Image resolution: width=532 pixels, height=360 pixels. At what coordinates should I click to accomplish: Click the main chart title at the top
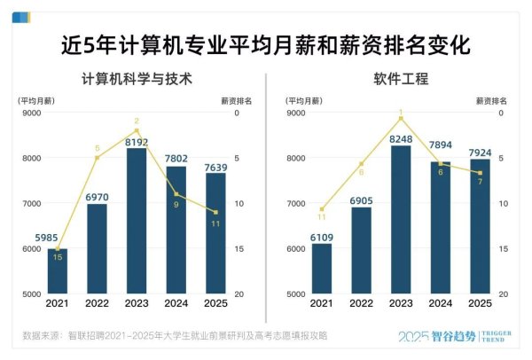265,44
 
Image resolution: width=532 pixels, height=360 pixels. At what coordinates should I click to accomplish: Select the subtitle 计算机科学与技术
137,78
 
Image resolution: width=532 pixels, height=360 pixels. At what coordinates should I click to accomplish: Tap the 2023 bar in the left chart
137,222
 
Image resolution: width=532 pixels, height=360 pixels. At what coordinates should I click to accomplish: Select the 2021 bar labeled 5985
57,270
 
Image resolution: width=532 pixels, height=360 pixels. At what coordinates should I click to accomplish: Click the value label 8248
401,138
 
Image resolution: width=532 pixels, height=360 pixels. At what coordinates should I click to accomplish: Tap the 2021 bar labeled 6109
322,268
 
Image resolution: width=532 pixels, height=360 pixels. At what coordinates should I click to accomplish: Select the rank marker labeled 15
58,257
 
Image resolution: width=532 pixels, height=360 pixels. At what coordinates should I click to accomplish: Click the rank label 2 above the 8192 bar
137,121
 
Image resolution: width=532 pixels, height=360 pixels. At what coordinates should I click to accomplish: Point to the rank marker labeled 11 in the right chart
322,216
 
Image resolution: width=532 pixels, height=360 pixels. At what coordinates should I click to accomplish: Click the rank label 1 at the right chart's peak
401,113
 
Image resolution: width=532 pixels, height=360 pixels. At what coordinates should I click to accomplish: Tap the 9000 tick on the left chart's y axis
32,113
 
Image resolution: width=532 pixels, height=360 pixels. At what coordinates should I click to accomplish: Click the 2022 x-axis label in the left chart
97,303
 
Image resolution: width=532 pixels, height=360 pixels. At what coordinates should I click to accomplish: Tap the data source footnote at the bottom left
174,336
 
